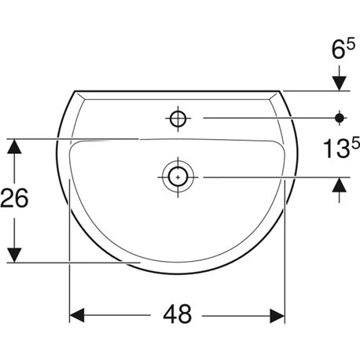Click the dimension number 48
[178, 314]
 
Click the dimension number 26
[14, 198]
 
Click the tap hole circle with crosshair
[178, 119]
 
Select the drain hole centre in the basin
[178, 177]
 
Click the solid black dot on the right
[340, 118]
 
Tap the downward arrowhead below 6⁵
[340, 83]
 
